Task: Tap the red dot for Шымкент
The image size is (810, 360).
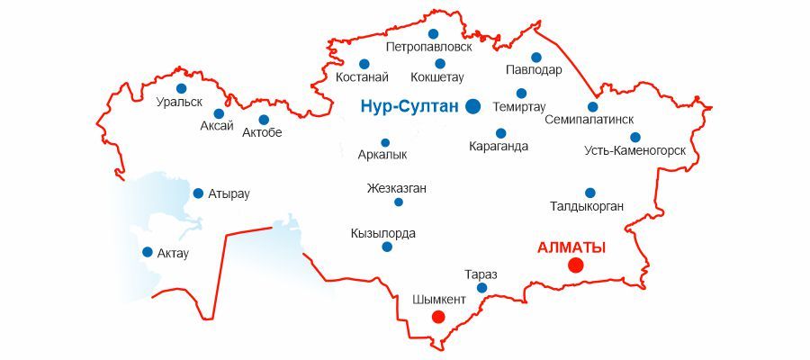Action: (438, 316)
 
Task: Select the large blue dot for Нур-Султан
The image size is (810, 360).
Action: (473, 106)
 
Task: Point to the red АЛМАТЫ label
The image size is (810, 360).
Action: (571, 247)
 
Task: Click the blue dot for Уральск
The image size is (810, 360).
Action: (182, 88)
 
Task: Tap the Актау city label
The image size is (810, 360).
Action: (173, 253)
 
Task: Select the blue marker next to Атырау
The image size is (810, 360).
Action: (198, 193)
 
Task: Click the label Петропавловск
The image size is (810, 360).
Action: (428, 46)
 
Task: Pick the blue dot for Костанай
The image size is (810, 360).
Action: (364, 64)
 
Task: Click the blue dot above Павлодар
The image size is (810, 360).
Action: (536, 58)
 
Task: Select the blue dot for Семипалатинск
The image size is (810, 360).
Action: (593, 107)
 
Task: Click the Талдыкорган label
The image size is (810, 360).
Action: (587, 207)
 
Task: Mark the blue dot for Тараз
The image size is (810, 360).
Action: (481, 288)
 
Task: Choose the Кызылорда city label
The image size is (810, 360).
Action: (383, 233)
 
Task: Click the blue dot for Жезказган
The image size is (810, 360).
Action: (399, 202)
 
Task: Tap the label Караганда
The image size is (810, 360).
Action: (499, 147)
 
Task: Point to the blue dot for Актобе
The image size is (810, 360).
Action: (264, 120)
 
